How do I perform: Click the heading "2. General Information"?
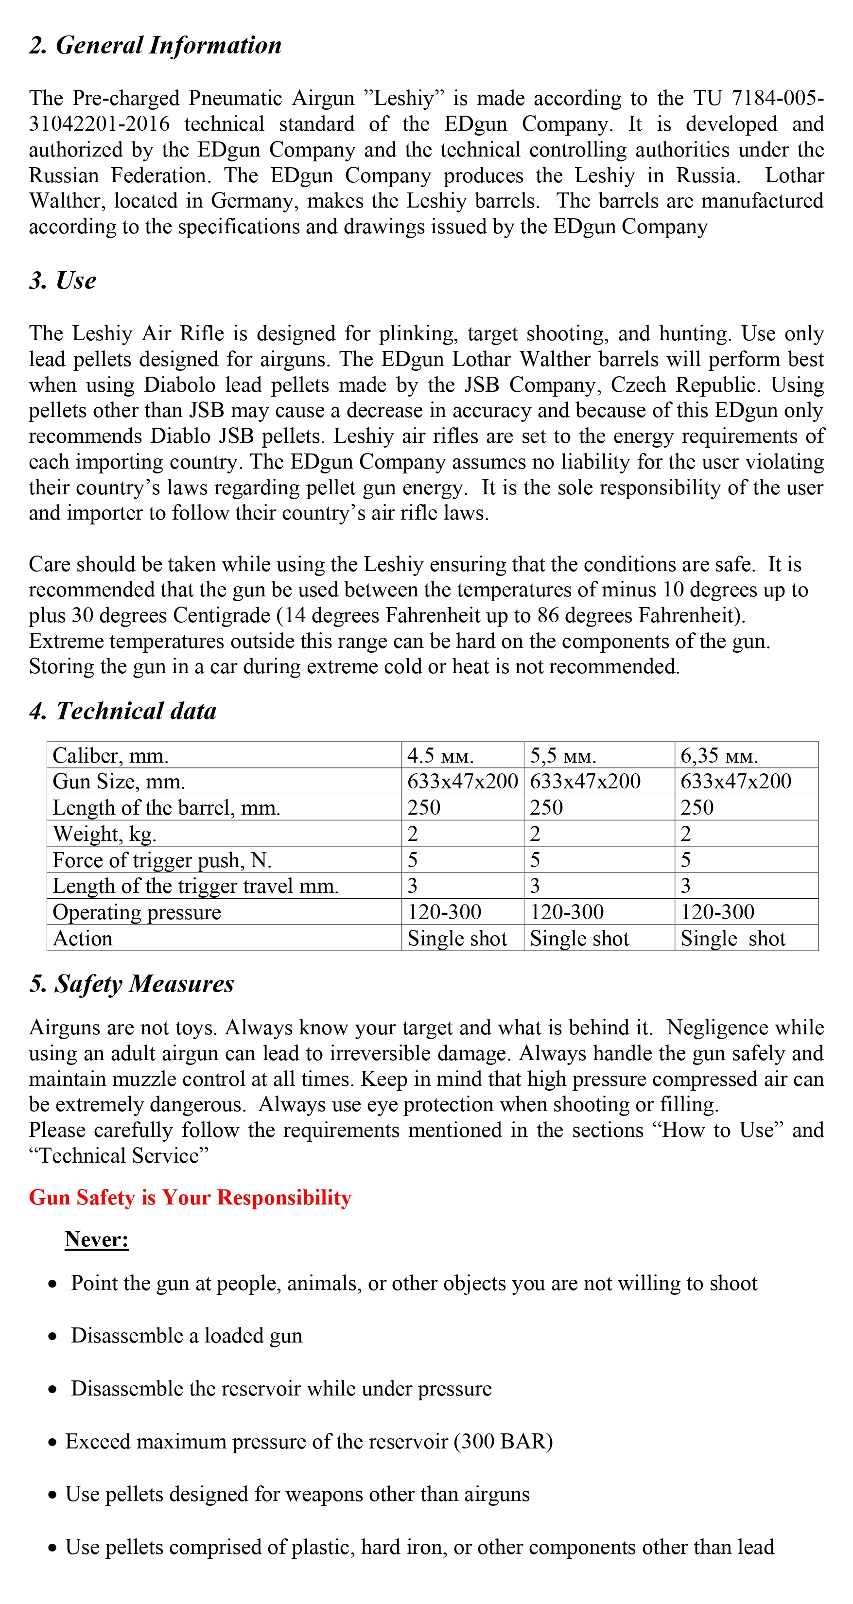coord(155,46)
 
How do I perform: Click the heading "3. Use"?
coord(63,281)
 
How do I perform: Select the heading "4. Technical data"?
coord(122,711)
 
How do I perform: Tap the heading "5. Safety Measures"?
coord(131,984)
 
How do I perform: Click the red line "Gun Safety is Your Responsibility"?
coord(190,1197)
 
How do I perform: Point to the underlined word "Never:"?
coord(97,1239)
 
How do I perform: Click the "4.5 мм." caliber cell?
coord(440,756)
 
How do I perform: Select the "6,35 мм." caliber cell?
coord(719,756)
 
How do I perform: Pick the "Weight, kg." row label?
coord(104,834)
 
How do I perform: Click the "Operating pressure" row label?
coord(137,912)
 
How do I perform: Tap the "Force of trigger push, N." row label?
coord(162,860)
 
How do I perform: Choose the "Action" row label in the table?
coord(83,939)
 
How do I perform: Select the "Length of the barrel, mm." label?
coord(166,808)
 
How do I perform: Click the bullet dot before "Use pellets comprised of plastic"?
coord(53,1548)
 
